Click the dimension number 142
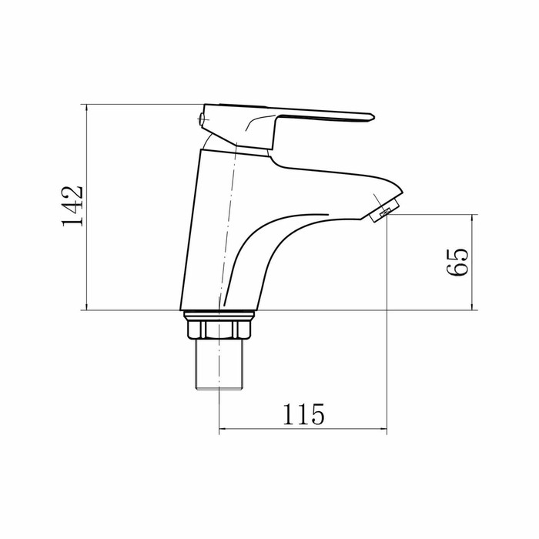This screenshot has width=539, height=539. point(72,206)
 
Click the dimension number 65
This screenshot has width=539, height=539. point(457,262)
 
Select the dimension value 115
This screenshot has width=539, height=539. point(303,414)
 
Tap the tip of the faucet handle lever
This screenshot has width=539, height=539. point(374,117)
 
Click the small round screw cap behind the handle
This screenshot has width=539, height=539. point(202,119)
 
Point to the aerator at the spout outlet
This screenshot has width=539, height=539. point(385,209)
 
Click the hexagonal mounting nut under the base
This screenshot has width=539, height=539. point(219,330)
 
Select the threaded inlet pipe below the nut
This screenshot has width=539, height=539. point(219,364)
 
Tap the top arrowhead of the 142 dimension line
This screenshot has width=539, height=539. point(86,107)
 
